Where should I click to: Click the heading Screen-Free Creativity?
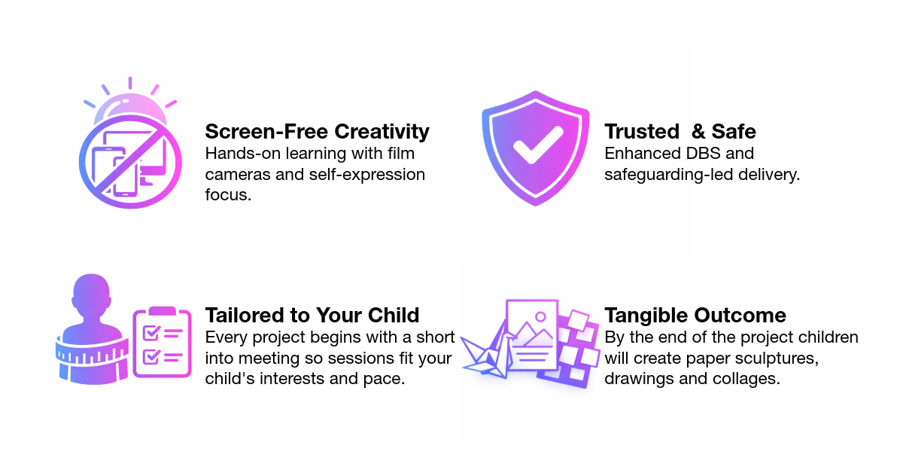(x=317, y=131)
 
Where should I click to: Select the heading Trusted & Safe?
(x=680, y=131)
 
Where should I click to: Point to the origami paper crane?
(x=486, y=353)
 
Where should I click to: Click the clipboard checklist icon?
(x=161, y=343)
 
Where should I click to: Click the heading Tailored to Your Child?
(x=312, y=315)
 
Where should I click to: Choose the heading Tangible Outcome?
(x=695, y=315)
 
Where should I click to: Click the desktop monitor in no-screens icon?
(x=155, y=154)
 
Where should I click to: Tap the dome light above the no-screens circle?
(x=129, y=109)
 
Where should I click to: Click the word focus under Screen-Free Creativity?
(x=227, y=196)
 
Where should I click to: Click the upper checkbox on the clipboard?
(x=150, y=332)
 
